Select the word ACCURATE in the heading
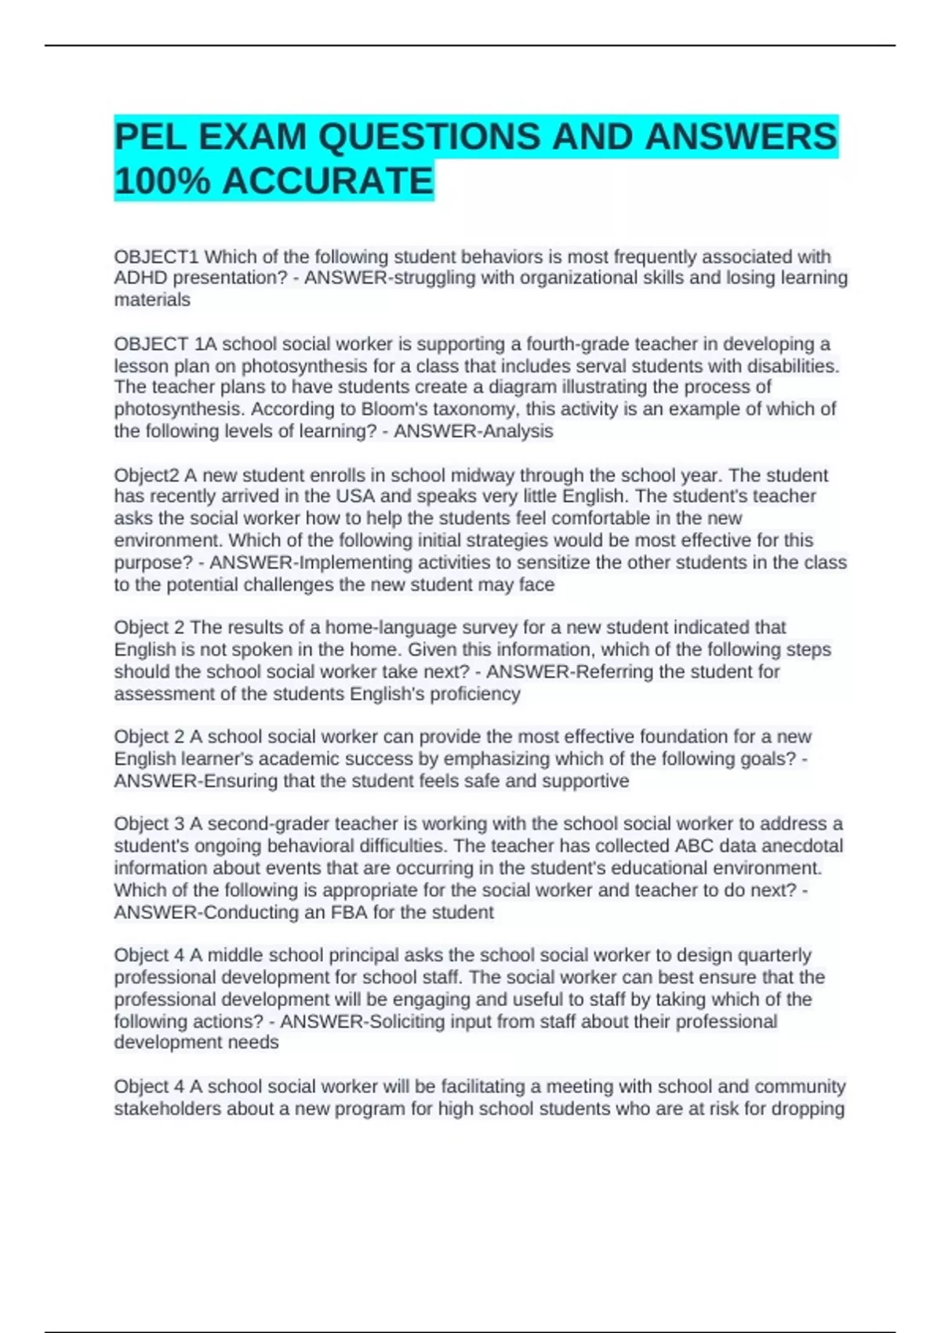[328, 181]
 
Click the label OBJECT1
[157, 256]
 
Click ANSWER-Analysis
[473, 430]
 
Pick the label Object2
[146, 475]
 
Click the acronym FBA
[349, 912]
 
